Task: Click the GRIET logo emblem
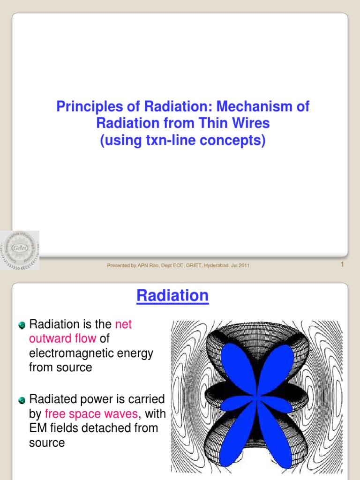coord(20,250)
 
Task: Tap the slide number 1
coord(342,265)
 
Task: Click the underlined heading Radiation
coord(172,296)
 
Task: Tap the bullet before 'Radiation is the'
coord(22,325)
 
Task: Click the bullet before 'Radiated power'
coord(22,400)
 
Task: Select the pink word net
coord(123,324)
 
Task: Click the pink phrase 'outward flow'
coord(63,338)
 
